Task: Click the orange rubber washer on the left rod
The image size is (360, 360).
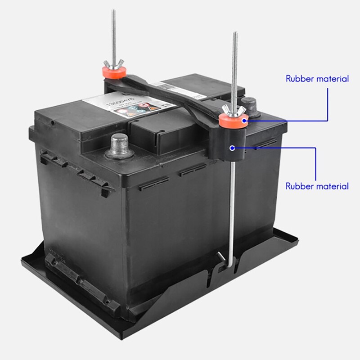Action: (x=112, y=71)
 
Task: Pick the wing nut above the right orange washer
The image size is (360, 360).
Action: (x=234, y=110)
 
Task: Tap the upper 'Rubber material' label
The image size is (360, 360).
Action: (x=317, y=79)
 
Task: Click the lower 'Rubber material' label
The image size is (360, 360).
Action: (x=317, y=186)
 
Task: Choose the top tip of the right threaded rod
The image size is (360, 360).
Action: (x=235, y=33)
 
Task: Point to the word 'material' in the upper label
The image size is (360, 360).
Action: (x=332, y=79)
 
